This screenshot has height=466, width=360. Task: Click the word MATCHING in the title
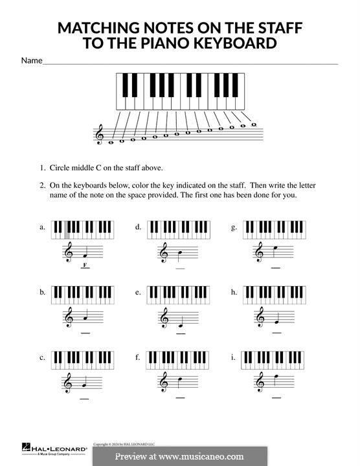pos(97,28)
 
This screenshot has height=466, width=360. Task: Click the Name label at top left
pos(31,60)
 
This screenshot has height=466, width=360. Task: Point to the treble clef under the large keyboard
pos(99,135)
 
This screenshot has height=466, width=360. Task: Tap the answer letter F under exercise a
pos(84,265)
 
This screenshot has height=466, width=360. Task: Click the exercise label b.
pos(42,293)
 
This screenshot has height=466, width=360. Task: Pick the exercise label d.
pos(138,227)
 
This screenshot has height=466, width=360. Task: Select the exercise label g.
pos(234,227)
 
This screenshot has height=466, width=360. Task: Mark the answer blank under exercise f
pos(180,397)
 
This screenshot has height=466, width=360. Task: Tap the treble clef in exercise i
pos(260,383)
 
